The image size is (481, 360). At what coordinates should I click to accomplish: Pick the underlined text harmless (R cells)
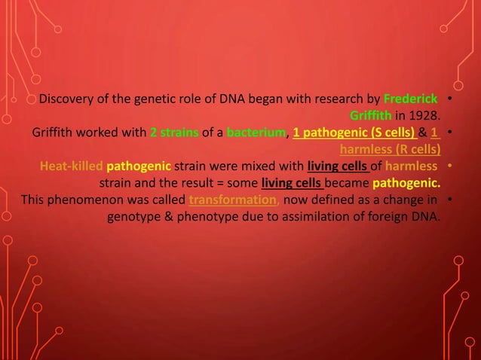[x=391, y=149]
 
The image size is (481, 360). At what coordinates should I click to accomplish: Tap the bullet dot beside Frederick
[x=449, y=99]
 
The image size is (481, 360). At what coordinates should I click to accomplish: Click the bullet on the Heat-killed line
[x=449, y=166]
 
